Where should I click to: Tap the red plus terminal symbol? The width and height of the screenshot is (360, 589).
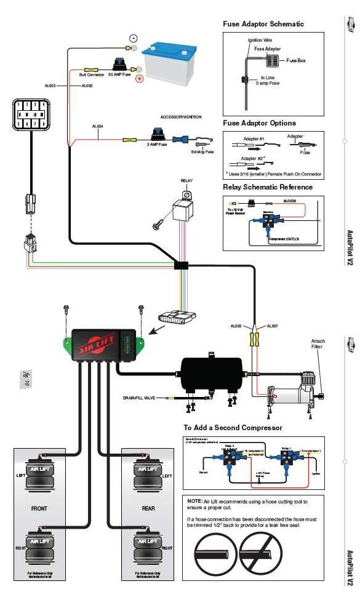[140, 79]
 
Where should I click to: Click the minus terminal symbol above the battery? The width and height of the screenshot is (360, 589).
[133, 38]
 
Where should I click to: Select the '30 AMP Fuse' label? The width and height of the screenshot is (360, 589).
[119, 74]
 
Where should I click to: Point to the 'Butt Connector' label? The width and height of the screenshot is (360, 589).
[92, 74]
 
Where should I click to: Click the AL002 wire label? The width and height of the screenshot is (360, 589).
[87, 86]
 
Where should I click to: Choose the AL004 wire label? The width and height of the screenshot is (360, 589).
[97, 126]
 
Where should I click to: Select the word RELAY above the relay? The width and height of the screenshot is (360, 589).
[186, 181]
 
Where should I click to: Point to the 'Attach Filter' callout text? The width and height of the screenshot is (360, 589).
[318, 344]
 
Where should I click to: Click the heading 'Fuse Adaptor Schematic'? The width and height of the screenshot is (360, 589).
[263, 24]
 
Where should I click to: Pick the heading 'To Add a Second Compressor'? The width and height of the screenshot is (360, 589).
[233, 427]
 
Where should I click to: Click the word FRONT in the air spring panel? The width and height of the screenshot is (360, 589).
[39, 508]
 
